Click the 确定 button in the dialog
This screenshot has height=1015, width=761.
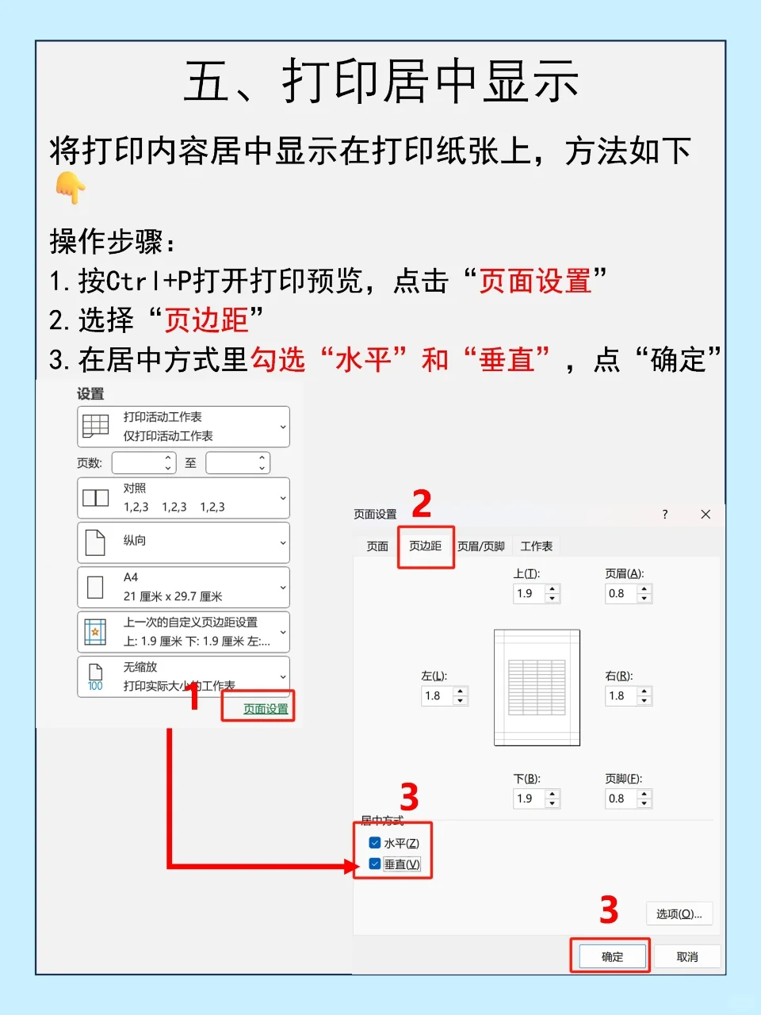click(612, 956)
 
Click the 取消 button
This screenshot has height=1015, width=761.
click(687, 956)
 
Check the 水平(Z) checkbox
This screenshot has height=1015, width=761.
click(375, 843)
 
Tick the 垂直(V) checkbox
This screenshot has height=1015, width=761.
click(375, 864)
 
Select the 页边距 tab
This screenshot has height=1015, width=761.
click(426, 546)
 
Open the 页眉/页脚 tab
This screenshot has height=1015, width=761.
click(481, 546)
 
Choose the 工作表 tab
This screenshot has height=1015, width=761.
click(537, 546)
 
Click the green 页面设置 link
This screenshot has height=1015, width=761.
click(266, 709)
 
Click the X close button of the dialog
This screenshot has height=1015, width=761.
click(706, 514)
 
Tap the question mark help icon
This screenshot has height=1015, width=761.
click(665, 514)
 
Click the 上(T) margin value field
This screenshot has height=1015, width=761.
click(529, 593)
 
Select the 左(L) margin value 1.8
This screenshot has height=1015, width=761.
click(436, 696)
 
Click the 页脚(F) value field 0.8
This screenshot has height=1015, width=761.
click(620, 799)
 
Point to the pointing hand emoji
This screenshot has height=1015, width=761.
click(70, 187)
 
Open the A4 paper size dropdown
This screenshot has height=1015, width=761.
click(183, 588)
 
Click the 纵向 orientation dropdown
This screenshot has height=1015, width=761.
click(183, 542)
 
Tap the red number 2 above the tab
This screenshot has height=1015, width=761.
click(422, 503)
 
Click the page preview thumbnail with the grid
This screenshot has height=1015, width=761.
click(537, 688)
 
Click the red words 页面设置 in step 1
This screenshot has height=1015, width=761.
click(535, 280)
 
